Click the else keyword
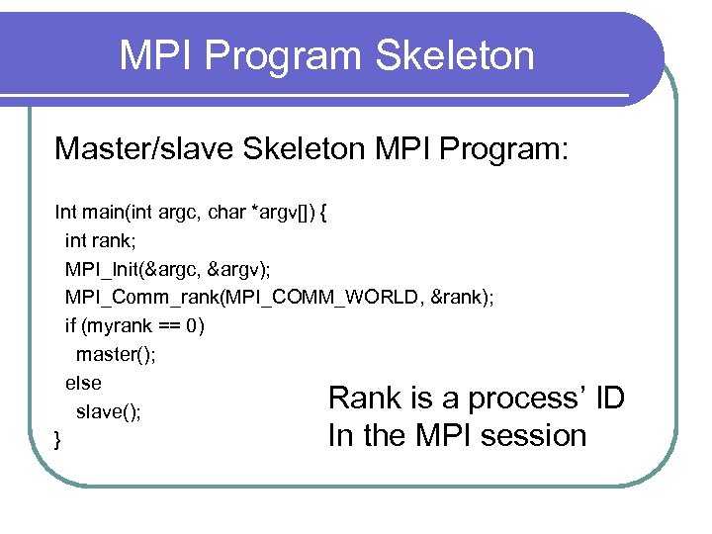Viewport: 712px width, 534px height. click(83, 383)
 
